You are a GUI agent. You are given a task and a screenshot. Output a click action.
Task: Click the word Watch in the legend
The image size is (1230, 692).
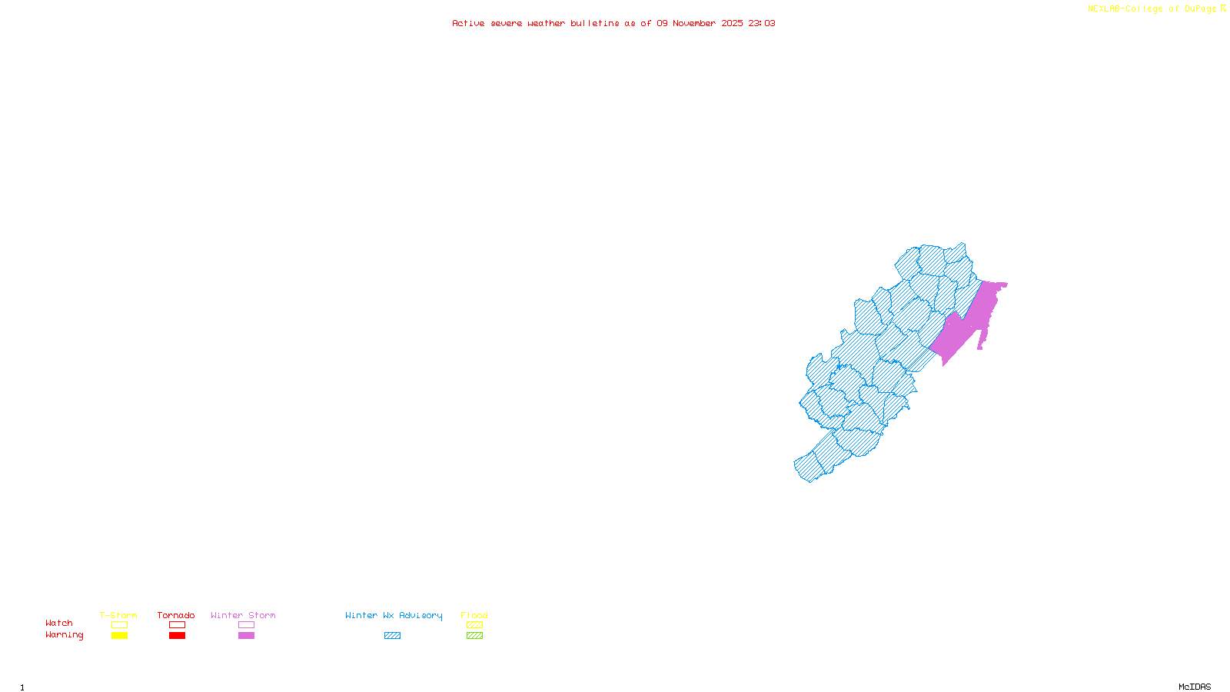[x=59, y=623]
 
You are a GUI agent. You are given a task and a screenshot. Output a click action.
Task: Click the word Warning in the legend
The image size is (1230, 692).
[x=64, y=635]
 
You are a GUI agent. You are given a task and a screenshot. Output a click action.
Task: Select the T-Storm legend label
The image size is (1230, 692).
[x=118, y=615]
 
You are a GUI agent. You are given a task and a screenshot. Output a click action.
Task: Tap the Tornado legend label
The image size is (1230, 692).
[x=176, y=615]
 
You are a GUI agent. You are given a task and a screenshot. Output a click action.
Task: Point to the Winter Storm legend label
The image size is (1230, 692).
[x=243, y=615]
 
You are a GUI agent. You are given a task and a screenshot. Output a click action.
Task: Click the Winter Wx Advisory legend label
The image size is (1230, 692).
[x=394, y=615]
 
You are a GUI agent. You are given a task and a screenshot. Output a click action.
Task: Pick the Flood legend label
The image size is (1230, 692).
[x=474, y=615]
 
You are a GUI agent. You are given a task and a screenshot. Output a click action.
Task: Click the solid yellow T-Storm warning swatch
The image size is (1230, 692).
[x=119, y=636]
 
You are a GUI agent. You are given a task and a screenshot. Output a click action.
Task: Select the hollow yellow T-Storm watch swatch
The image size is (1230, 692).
[x=119, y=625]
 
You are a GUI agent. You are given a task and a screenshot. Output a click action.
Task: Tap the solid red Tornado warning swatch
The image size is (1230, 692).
[x=177, y=636]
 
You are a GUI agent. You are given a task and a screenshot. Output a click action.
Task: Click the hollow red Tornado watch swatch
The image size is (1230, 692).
[x=177, y=625]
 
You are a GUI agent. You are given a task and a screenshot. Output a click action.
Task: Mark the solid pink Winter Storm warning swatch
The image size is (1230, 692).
[x=246, y=636]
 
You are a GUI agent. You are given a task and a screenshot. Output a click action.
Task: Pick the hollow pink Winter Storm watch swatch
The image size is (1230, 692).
[x=246, y=625]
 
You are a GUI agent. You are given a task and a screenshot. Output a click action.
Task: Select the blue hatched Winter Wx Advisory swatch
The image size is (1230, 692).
[x=392, y=636]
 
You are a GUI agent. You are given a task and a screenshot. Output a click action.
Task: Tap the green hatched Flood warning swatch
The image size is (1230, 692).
[x=474, y=636]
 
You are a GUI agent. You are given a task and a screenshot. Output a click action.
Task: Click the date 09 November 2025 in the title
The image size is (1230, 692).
[x=700, y=23]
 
